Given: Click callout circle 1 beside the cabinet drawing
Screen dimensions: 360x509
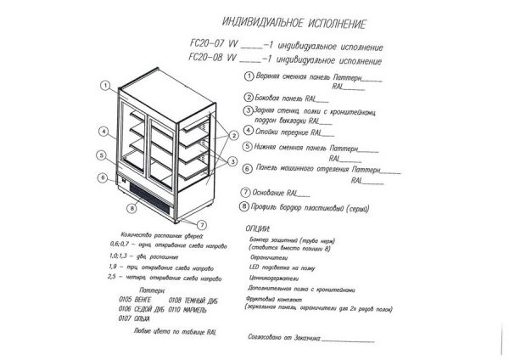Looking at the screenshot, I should click(105, 85).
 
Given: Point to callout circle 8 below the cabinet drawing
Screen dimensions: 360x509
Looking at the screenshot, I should click(133, 206).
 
